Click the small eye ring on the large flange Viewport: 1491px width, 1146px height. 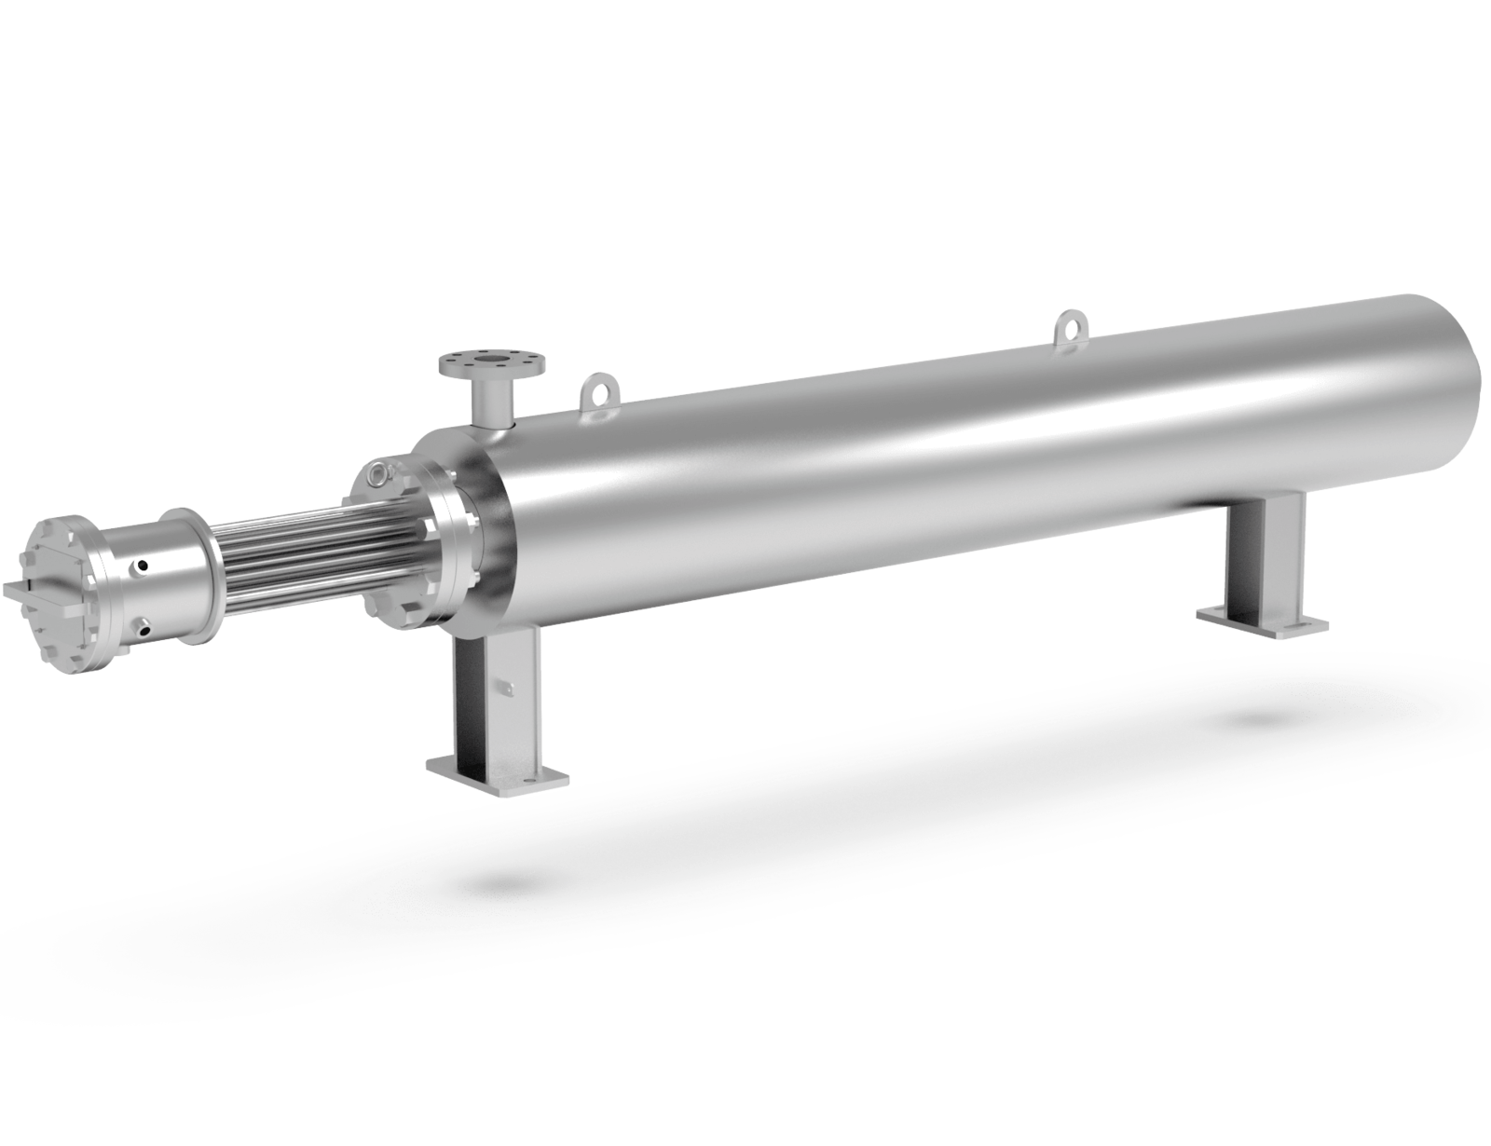[x=378, y=475]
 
